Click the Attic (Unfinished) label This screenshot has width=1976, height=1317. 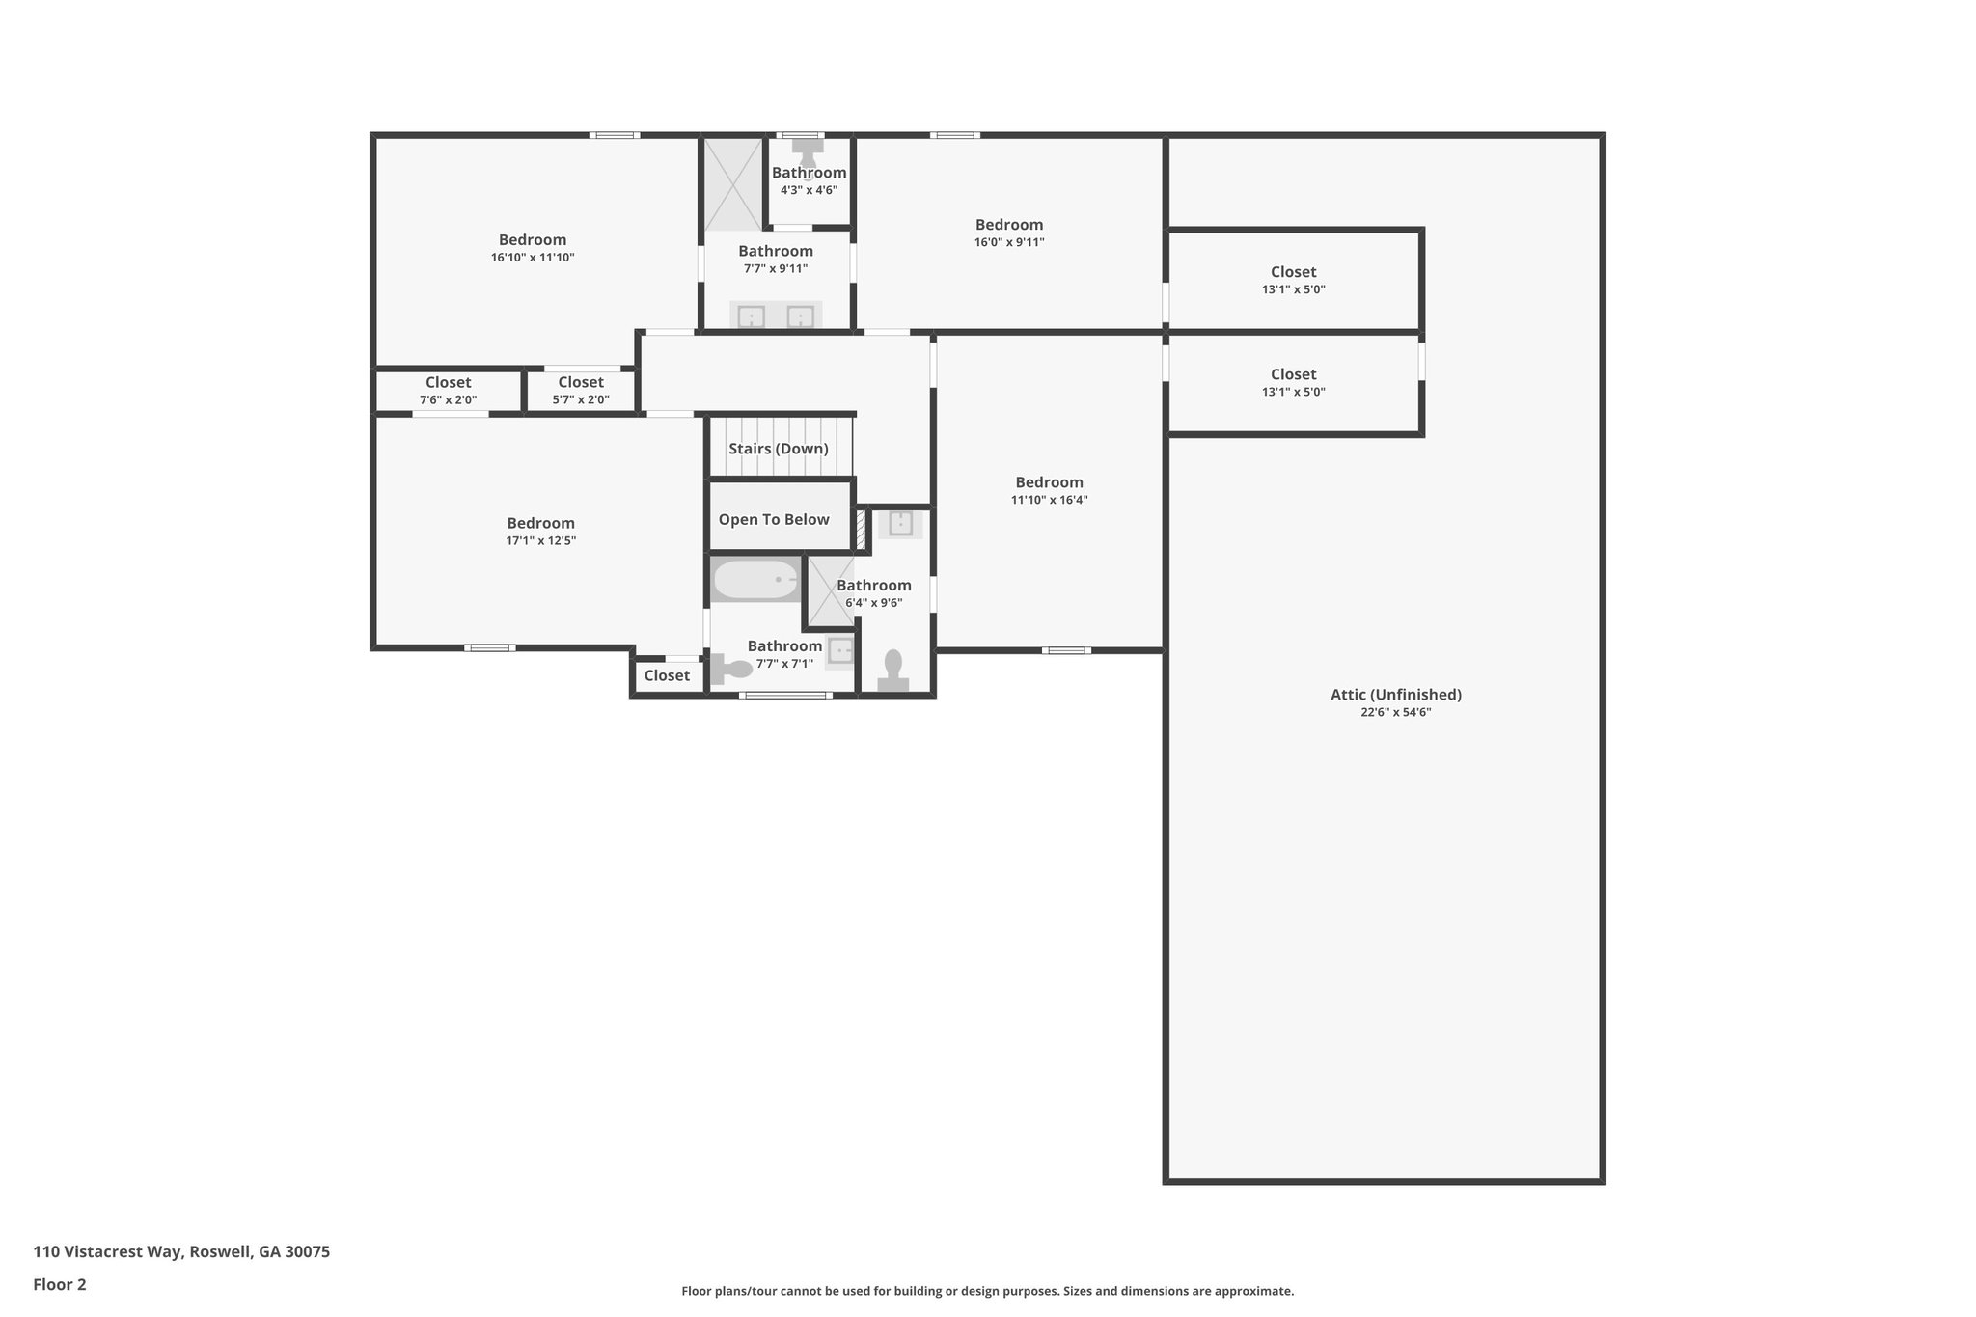(x=1395, y=695)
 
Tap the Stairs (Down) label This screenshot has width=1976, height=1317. (x=778, y=449)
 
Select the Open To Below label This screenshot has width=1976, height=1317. (x=774, y=520)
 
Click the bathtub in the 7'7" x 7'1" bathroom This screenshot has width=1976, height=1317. (x=755, y=581)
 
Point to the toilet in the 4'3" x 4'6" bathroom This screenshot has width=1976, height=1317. (x=808, y=151)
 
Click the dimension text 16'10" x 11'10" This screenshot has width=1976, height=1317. (x=533, y=258)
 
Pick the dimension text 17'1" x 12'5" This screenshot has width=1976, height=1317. (x=540, y=541)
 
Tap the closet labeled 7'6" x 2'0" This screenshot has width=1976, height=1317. (x=448, y=391)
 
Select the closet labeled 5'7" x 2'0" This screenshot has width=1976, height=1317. (x=580, y=391)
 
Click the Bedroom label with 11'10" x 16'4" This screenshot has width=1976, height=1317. (x=1049, y=482)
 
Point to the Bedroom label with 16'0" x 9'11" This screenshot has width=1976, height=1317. (x=1009, y=225)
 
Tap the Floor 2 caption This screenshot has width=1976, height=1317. (x=60, y=1285)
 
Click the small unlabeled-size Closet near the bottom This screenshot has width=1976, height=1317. (x=667, y=675)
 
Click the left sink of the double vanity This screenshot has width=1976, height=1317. (x=751, y=316)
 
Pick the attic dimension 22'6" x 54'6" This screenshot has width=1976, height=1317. (x=1395, y=713)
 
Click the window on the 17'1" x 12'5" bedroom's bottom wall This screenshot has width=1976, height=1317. (x=489, y=648)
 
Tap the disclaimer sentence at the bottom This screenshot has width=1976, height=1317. (x=987, y=1291)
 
